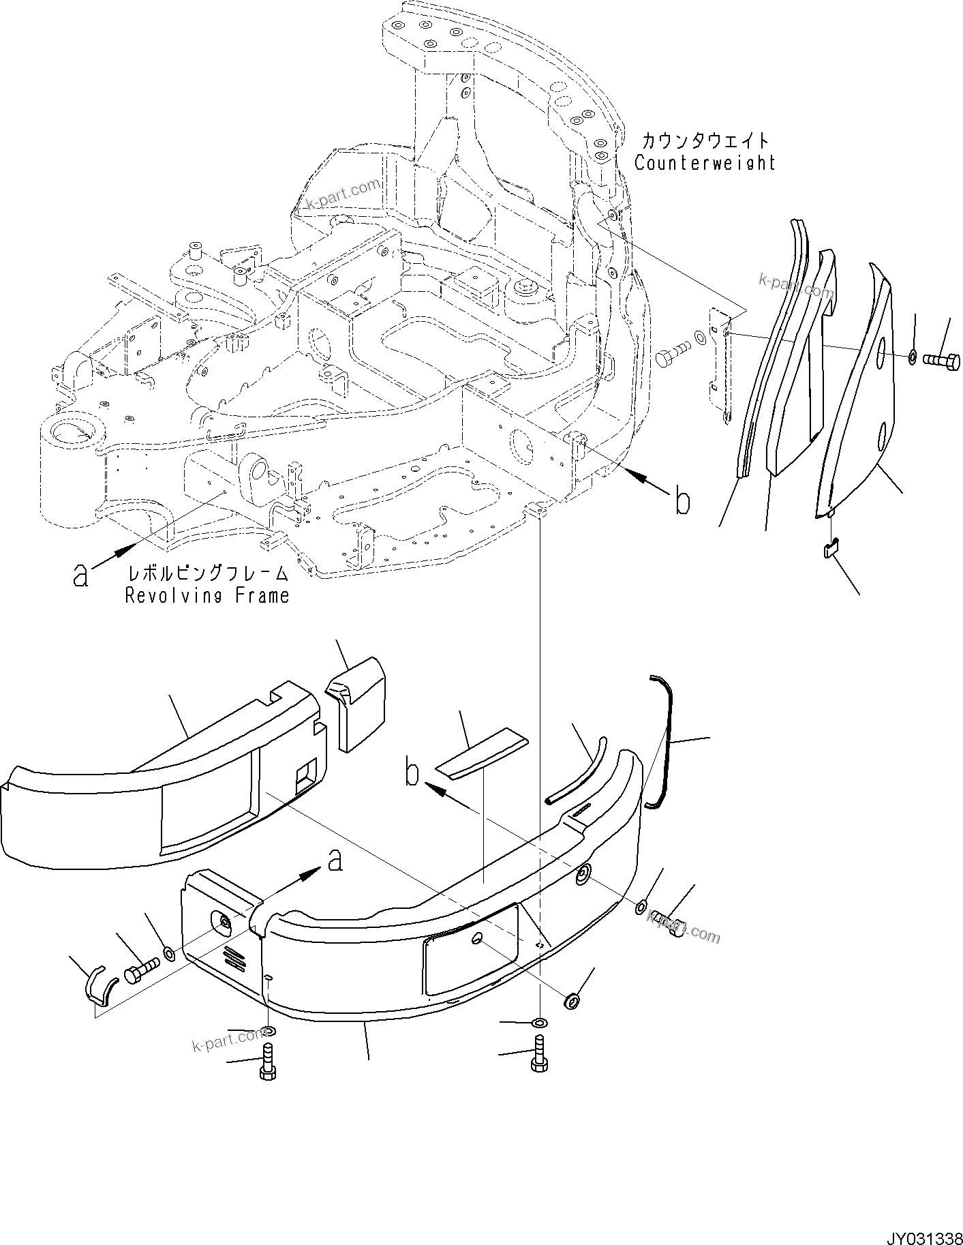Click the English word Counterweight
(x=705, y=163)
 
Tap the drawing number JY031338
(x=923, y=1235)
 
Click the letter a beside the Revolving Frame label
(x=81, y=575)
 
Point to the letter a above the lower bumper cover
(x=334, y=862)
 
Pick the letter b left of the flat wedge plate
(x=412, y=774)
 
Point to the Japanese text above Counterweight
(x=705, y=141)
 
